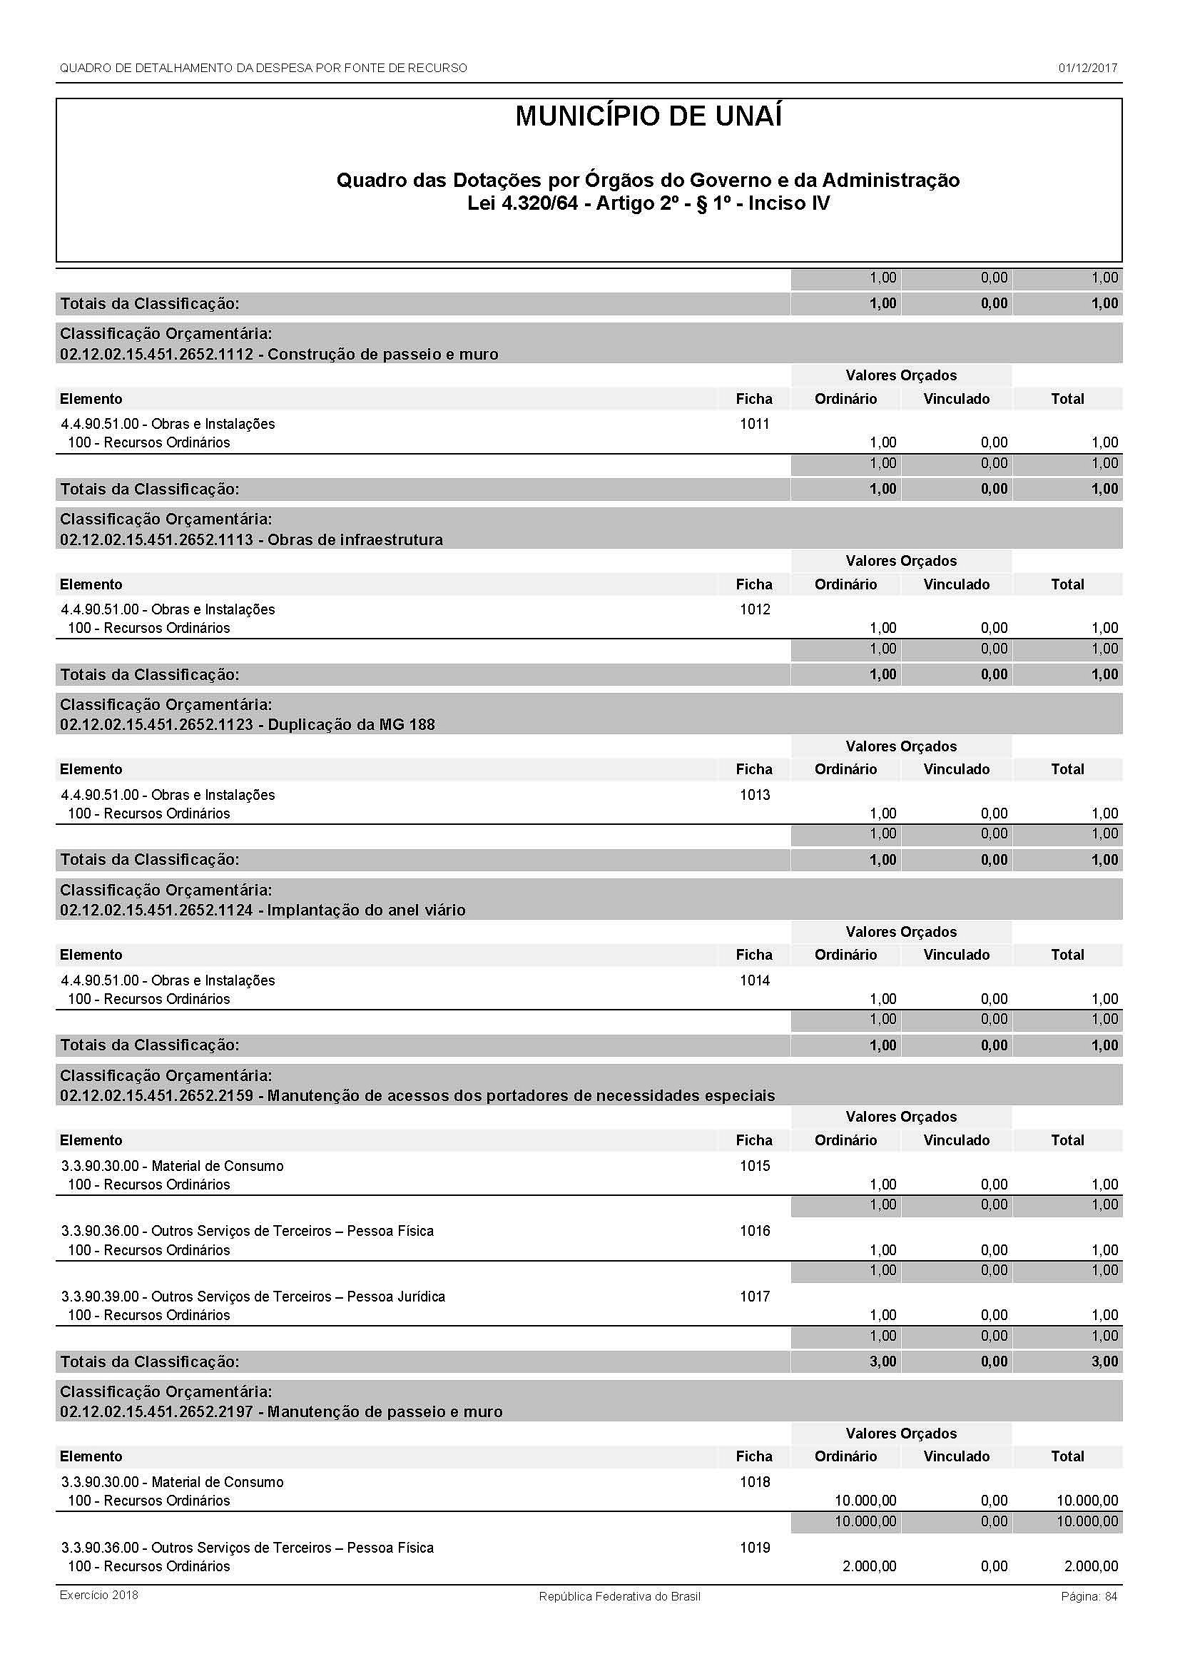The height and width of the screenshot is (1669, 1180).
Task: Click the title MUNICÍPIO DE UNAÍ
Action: click(648, 117)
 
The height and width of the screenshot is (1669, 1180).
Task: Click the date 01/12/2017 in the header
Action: click(1087, 69)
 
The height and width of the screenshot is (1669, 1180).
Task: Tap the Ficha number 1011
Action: click(754, 424)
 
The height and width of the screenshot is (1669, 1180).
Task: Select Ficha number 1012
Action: click(754, 609)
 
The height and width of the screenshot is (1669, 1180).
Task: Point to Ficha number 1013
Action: click(754, 794)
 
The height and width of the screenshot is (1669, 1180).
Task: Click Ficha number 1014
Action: click(754, 980)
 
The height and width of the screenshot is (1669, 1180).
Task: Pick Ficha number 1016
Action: click(754, 1231)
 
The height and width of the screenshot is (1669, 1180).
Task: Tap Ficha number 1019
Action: click(754, 1548)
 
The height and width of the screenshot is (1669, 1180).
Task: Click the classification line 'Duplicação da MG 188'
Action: click(247, 725)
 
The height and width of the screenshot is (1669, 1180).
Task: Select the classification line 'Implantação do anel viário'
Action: click(263, 910)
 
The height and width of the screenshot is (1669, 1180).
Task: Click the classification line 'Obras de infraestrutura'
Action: click(251, 539)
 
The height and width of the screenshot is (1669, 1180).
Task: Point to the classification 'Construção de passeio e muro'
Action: click(279, 354)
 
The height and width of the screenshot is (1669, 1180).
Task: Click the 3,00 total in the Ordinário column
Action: click(883, 1361)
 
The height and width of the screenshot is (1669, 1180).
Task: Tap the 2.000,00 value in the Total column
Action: click(1091, 1566)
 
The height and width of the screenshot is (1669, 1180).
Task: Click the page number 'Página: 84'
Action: click(1089, 1596)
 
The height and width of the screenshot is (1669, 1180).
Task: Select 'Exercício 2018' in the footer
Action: click(99, 1595)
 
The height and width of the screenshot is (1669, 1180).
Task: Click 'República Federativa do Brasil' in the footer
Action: click(619, 1596)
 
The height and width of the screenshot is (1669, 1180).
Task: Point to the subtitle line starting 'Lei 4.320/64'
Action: click(648, 203)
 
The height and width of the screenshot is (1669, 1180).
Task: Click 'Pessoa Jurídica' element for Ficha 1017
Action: click(253, 1296)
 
